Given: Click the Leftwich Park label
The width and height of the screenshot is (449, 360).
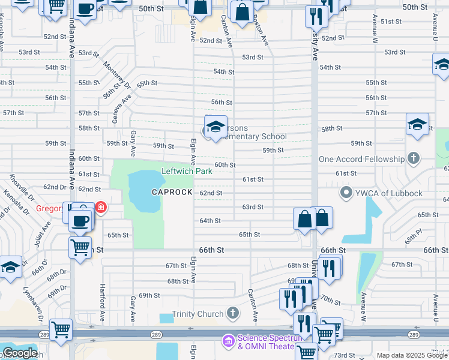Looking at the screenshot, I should [187, 171].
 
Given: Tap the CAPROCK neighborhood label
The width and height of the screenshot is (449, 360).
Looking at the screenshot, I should [172, 192].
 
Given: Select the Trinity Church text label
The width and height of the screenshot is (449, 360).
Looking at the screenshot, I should [197, 313].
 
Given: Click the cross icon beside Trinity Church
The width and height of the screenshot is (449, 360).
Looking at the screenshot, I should [233, 313].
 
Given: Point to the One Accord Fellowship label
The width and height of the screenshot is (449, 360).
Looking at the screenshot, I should [361, 159].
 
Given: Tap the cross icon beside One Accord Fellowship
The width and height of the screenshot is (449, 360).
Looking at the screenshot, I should [413, 159].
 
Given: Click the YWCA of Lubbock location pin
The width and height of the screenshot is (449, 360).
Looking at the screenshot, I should [346, 193].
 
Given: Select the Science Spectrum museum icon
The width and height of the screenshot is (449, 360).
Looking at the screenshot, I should [228, 341].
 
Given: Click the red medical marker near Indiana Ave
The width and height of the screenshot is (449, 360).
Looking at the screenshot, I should [101, 208].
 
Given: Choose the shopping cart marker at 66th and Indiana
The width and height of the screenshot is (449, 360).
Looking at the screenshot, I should [80, 247].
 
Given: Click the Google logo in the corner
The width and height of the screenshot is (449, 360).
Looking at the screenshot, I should [20, 353].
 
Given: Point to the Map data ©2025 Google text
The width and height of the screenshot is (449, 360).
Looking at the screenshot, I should [412, 355].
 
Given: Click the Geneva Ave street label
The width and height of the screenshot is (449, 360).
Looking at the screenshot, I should [125, 96].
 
